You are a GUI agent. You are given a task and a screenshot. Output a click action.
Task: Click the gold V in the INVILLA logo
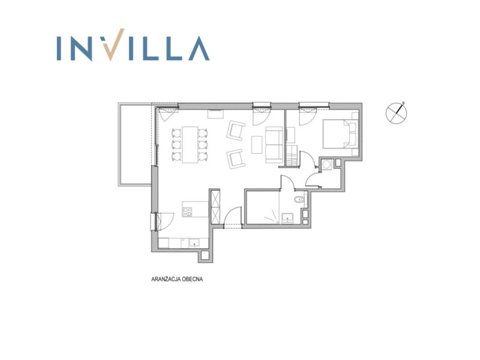point(113,46)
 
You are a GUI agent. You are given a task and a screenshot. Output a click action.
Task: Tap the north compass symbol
point(397,113)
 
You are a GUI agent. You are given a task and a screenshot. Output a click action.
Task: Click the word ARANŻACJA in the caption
point(166,279)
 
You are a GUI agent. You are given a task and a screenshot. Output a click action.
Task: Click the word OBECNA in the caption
point(192,279)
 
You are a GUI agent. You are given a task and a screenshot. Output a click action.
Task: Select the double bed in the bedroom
point(340,134)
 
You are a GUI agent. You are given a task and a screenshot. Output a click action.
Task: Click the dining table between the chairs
point(190,145)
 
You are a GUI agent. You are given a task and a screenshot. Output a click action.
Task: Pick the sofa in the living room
point(274,145)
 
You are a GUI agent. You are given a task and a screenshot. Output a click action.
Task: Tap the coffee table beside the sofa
point(257,145)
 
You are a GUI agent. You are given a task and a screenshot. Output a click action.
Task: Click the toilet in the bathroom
point(299,200)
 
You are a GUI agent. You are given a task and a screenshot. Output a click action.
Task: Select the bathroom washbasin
point(287,217)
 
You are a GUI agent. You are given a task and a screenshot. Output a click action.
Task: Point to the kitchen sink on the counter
point(194,243)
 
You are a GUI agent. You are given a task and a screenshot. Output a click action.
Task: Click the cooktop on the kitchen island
point(187,212)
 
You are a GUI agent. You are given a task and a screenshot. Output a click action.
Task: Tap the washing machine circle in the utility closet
point(326,164)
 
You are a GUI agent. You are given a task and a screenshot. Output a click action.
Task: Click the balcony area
point(135,145)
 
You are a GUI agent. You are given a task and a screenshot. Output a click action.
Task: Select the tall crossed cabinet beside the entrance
point(215,207)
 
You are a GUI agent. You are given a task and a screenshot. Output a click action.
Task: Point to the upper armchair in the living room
point(236,130)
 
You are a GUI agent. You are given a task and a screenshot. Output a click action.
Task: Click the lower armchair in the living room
point(236,159)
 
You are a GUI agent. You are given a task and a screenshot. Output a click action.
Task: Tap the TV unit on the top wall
point(216,113)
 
